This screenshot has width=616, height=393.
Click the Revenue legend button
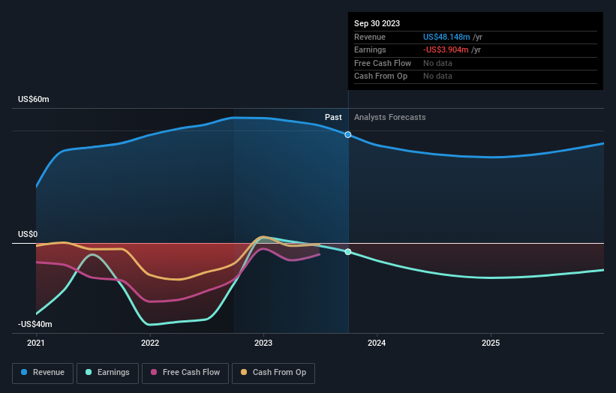[x=43, y=373]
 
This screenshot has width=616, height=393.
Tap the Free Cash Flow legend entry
[x=185, y=373]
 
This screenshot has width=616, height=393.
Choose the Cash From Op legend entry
[x=274, y=373]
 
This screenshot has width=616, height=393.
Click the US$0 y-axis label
[x=28, y=235]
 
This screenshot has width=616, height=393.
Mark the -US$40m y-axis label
[x=35, y=325]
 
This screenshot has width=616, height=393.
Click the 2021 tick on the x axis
[x=36, y=343]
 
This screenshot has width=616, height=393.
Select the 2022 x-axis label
[x=150, y=343]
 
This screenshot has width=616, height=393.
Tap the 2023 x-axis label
[x=263, y=343]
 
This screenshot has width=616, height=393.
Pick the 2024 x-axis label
[x=377, y=343]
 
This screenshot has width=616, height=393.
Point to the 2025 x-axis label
[x=491, y=343]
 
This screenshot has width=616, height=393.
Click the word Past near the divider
[x=333, y=118]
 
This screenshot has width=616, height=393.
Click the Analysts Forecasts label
[x=389, y=118]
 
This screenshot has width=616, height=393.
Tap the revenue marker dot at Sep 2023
[x=348, y=134]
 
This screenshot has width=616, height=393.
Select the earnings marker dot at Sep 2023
[x=348, y=252]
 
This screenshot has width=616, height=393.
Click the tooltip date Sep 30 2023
[x=377, y=23]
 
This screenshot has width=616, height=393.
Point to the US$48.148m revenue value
[x=446, y=37]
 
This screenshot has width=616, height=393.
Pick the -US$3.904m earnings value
[x=446, y=50]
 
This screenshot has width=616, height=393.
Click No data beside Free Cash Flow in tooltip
[x=437, y=64]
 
